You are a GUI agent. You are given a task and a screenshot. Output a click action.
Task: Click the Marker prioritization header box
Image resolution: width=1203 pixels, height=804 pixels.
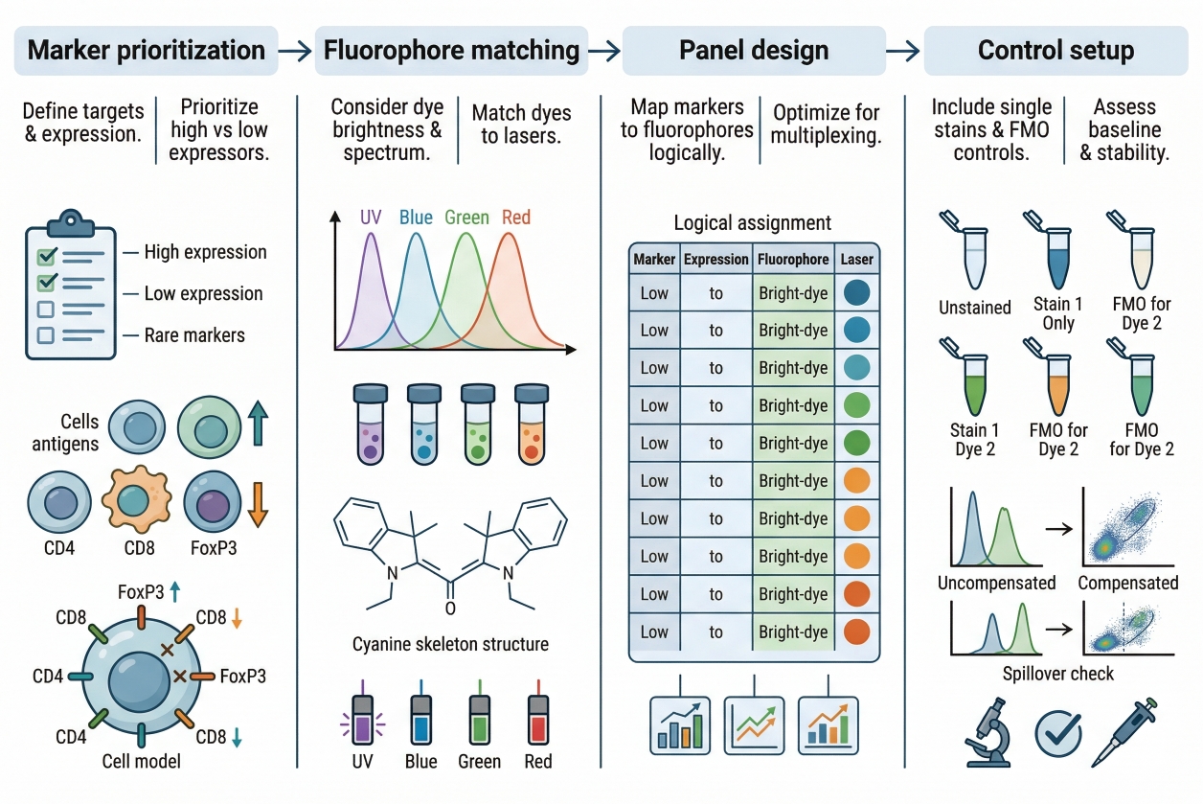click(147, 50)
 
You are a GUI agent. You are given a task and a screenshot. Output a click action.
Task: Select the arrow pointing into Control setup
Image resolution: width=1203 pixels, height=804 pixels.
click(901, 51)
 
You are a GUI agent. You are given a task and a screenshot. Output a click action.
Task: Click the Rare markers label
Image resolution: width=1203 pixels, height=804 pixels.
click(194, 335)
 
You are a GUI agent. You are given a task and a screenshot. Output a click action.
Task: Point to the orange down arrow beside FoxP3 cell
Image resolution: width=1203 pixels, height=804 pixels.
click(257, 505)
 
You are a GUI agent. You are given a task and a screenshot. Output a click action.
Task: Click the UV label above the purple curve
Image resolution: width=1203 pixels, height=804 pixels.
click(372, 218)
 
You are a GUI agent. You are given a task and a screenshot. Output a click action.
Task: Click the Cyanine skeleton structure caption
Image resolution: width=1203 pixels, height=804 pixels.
click(451, 644)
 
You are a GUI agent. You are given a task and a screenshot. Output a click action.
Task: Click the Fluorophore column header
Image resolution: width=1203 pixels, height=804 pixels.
click(792, 259)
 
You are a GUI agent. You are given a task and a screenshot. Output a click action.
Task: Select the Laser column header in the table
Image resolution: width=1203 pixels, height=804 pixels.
click(857, 259)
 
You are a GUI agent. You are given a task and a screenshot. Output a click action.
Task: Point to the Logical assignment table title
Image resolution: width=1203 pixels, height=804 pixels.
click(753, 223)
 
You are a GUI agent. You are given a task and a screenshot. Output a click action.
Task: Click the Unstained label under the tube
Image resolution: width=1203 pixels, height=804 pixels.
click(975, 308)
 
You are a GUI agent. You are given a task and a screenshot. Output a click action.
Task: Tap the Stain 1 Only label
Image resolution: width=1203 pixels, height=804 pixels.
click(1057, 313)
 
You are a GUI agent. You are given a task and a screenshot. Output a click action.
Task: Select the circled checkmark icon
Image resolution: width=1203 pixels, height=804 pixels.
click(1059, 734)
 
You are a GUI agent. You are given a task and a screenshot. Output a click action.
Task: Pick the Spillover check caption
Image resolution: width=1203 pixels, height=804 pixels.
click(1058, 674)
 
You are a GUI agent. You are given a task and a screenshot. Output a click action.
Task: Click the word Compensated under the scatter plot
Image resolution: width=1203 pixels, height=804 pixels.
click(1128, 583)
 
